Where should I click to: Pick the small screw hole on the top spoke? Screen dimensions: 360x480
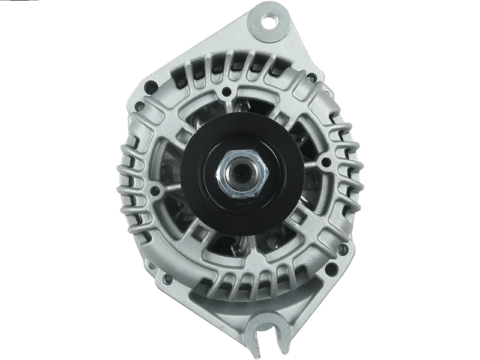pos(226,92)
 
